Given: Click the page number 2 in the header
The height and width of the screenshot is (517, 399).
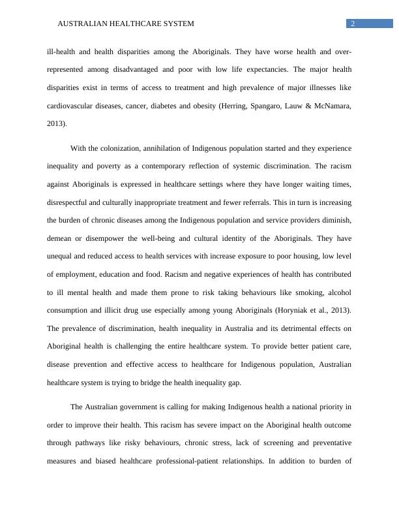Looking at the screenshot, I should (353, 24).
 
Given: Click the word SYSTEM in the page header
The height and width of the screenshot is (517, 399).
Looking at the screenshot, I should (175, 24).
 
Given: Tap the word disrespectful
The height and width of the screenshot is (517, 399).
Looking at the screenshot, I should (72, 202).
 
